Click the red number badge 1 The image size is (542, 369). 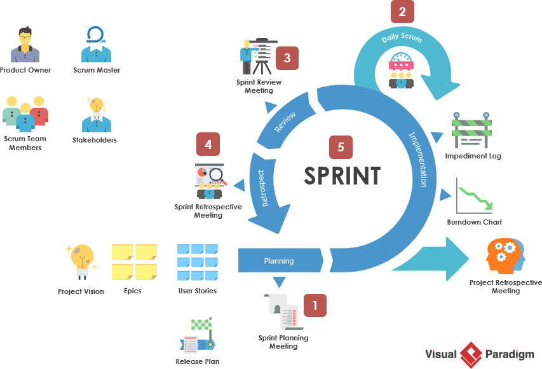[x=315, y=305]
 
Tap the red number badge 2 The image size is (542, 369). [x=402, y=11]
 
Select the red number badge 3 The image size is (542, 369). [x=287, y=59]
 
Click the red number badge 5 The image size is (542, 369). [x=341, y=147]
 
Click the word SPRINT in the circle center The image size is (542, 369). [x=342, y=175]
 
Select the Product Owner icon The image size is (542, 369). [x=25, y=45]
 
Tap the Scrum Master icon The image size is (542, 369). [x=96, y=45]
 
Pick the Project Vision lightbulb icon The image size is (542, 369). [x=81, y=261]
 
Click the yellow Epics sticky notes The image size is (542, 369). [x=134, y=262]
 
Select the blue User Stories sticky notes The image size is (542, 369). [x=198, y=262]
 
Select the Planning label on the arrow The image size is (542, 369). [x=279, y=261]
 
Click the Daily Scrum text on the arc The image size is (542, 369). [x=401, y=38]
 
